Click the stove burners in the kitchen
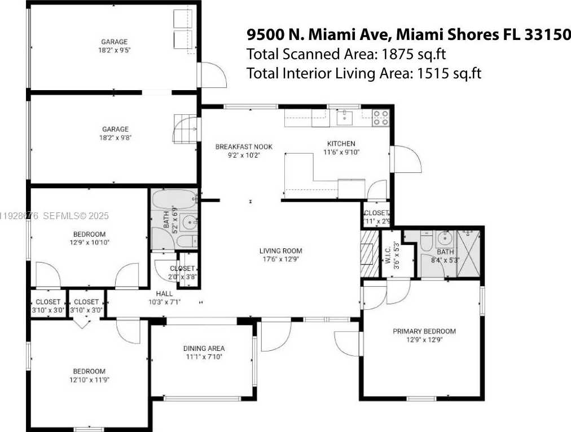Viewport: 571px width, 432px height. (x=381, y=117)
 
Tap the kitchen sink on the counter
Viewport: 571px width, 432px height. (x=344, y=117)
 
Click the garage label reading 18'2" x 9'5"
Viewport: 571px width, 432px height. (x=115, y=50)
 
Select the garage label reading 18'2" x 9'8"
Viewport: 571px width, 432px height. (x=115, y=137)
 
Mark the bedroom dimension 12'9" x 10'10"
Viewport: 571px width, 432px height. (x=89, y=243)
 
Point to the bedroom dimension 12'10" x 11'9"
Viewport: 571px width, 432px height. (x=89, y=380)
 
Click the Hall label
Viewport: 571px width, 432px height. (x=165, y=293)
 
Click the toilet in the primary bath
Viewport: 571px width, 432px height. (x=427, y=243)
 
